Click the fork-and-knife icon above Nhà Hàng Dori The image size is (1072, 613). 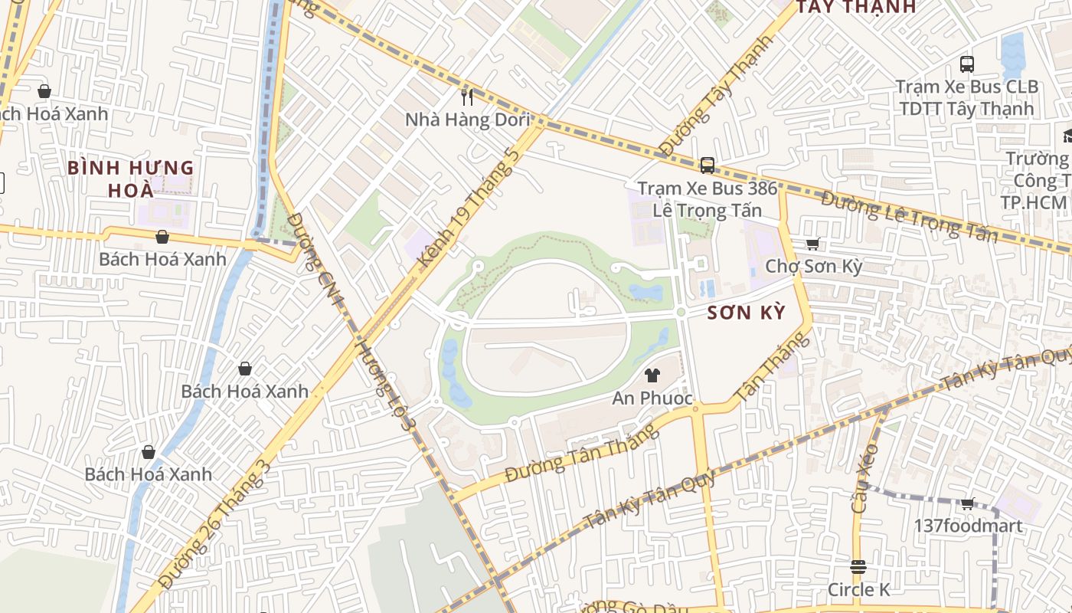[467, 97]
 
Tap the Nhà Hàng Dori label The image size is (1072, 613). [467, 120]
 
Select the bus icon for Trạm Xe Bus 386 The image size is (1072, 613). [707, 165]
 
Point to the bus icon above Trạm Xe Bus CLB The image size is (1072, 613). [967, 64]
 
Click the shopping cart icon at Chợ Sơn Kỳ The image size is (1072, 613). [812, 244]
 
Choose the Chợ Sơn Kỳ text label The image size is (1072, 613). [813, 267]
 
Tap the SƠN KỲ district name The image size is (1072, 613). [746, 313]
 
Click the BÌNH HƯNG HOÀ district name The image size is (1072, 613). [130, 179]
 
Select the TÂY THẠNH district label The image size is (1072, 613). [856, 8]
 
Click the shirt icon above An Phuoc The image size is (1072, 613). [652, 375]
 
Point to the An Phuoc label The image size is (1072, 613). [652, 398]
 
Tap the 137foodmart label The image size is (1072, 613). [968, 526]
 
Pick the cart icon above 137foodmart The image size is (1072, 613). [967, 504]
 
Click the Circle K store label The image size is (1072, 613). [858, 589]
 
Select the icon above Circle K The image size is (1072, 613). [858, 567]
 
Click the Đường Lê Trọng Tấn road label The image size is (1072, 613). [909, 215]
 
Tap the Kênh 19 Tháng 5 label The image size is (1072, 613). [469, 208]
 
